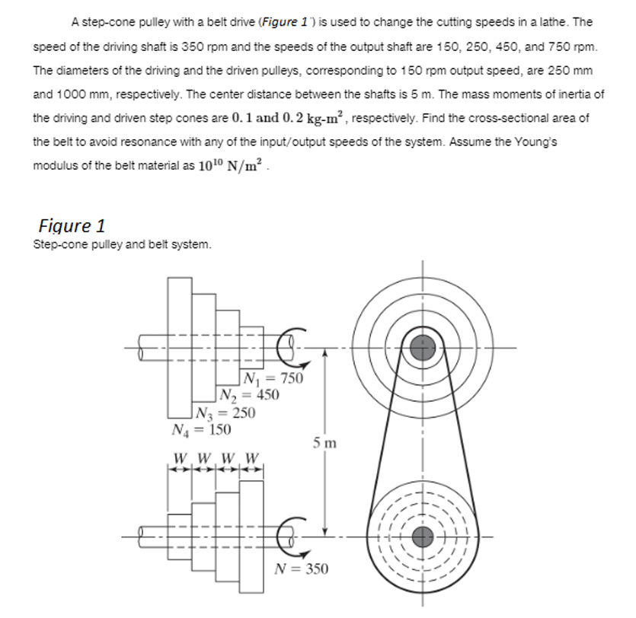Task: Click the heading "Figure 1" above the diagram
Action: coord(72,226)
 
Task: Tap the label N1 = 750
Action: coord(272,379)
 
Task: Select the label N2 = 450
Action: coord(248,395)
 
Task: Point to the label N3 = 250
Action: coord(225,413)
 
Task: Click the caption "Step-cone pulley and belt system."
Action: coord(123,245)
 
